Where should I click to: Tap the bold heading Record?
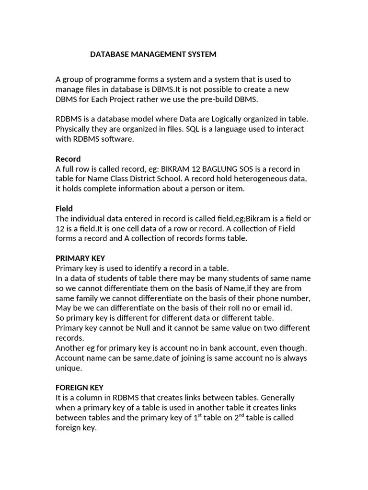(68, 159)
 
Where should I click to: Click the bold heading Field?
(64, 209)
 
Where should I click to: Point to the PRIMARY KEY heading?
(80, 258)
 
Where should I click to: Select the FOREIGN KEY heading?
(80, 388)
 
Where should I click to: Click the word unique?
(69, 368)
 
